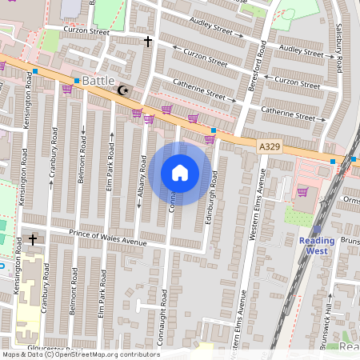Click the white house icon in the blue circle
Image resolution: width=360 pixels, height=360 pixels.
click(x=180, y=173)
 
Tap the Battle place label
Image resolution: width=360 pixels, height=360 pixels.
click(x=98, y=81)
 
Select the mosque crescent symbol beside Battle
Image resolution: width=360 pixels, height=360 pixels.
click(x=122, y=91)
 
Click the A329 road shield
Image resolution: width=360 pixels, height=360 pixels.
click(x=269, y=146)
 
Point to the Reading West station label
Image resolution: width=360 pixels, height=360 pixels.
click(x=317, y=246)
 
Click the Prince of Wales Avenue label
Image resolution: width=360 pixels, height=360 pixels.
click(x=107, y=237)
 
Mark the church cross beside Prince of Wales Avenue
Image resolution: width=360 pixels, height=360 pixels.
click(x=33, y=239)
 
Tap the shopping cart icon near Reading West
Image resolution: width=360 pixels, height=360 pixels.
click(x=302, y=192)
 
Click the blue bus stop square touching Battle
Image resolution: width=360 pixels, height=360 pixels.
click(x=77, y=81)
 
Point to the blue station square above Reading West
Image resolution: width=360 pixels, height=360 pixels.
click(x=333, y=162)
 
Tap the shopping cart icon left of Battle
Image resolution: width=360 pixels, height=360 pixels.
click(x=66, y=89)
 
